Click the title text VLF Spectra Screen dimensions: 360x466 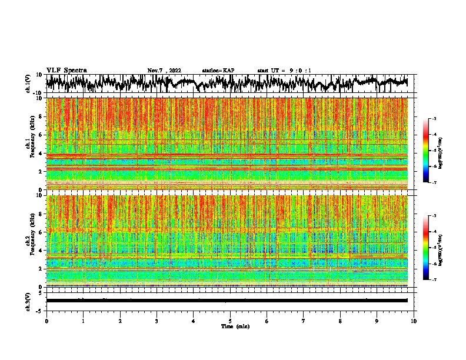click(x=66, y=70)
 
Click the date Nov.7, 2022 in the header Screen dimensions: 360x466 click(x=164, y=71)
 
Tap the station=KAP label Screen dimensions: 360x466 click(x=218, y=71)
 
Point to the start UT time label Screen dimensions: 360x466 click(x=284, y=71)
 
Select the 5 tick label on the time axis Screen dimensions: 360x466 click(x=230, y=321)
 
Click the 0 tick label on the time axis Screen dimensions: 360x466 click(x=46, y=321)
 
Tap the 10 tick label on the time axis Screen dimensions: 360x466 click(x=414, y=321)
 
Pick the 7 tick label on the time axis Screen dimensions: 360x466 click(x=304, y=321)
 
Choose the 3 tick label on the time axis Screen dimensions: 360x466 click(x=157, y=321)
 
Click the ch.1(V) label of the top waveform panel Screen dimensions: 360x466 click(x=28, y=84)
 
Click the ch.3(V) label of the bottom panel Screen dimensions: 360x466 click(x=28, y=301)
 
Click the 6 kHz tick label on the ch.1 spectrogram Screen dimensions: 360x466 click(x=41, y=135)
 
